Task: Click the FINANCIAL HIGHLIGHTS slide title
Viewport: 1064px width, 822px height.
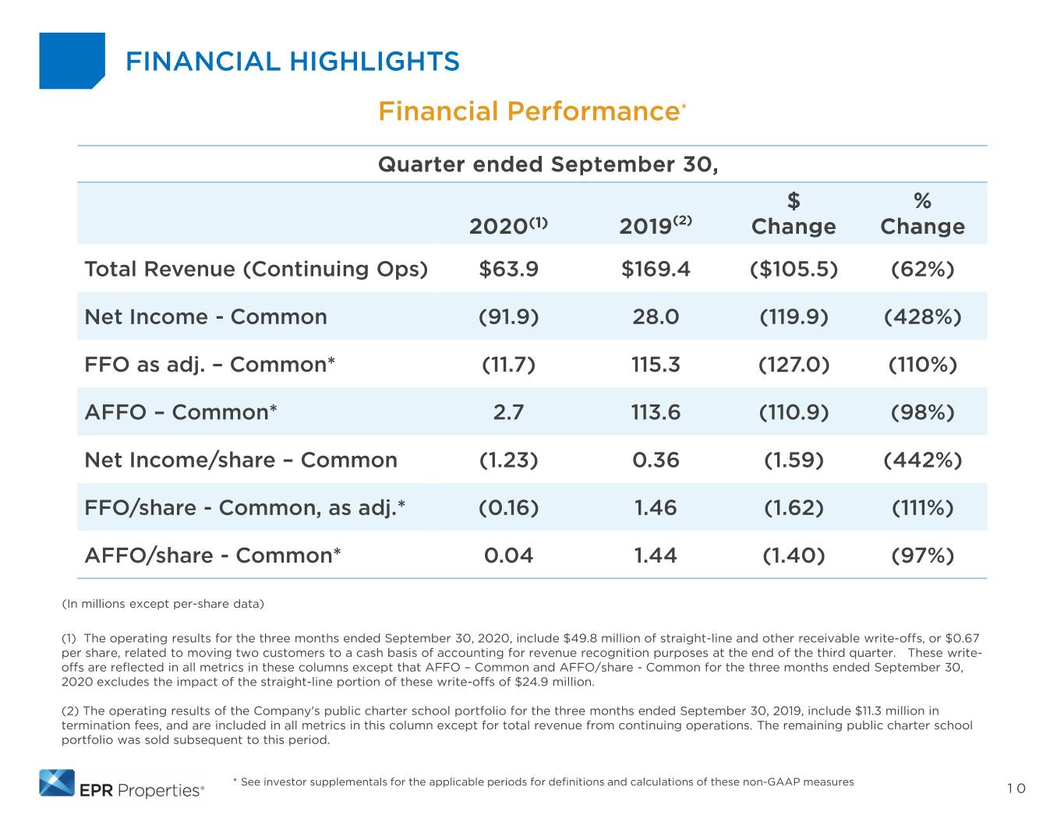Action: (x=292, y=61)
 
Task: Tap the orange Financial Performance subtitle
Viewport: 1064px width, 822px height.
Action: (x=532, y=111)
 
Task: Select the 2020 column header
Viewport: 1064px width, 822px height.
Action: (x=508, y=225)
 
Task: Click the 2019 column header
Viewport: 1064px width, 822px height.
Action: (x=655, y=225)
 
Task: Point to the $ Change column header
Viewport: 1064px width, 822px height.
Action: (x=794, y=213)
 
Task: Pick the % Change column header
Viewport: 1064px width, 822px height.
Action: (x=922, y=213)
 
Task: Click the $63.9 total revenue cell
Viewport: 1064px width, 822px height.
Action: (x=508, y=269)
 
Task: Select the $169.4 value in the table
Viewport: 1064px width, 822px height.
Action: (x=656, y=269)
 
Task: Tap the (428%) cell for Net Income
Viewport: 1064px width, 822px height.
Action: (x=922, y=316)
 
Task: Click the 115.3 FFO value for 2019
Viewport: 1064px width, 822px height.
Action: (x=656, y=365)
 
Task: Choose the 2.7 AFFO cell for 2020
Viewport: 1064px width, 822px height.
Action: (x=508, y=412)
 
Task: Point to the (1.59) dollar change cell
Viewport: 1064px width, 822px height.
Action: (x=794, y=460)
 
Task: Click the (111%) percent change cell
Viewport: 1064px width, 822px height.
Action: (x=922, y=508)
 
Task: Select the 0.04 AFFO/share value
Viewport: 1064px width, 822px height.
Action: (x=508, y=556)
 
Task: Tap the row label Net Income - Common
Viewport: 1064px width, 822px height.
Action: (x=206, y=316)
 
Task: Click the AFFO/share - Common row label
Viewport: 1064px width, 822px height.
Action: (x=213, y=556)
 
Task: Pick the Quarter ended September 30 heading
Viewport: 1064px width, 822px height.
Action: (x=548, y=164)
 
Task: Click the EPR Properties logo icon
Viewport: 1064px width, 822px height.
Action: (x=57, y=783)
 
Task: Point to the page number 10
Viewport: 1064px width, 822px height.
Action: (x=1016, y=788)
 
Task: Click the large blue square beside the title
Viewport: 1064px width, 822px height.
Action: (x=72, y=61)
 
